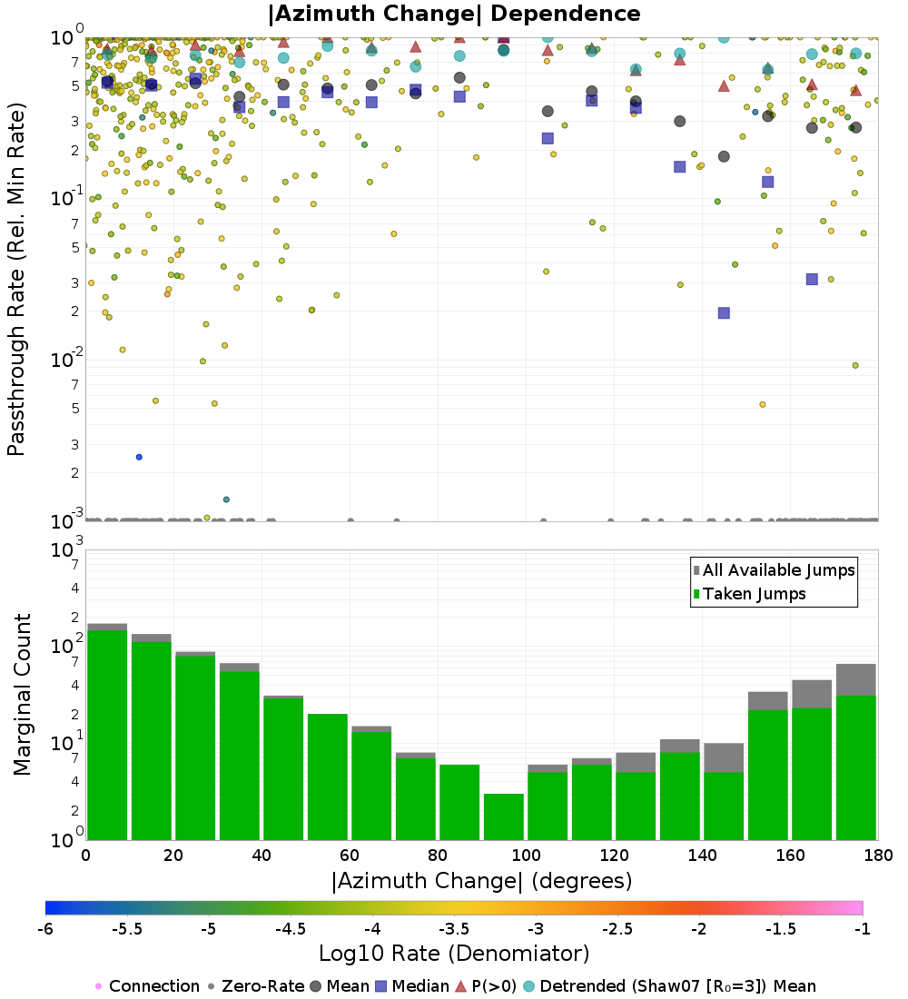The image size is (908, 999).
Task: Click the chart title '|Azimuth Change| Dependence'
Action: pyautogui.click(x=454, y=14)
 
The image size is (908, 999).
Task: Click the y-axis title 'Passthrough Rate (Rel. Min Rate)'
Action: pyautogui.click(x=16, y=279)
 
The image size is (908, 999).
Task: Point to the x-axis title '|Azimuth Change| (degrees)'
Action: pyautogui.click(x=481, y=880)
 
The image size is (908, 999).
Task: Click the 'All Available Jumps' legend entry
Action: pyautogui.click(x=778, y=570)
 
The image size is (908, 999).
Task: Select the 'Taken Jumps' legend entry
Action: pyautogui.click(x=755, y=594)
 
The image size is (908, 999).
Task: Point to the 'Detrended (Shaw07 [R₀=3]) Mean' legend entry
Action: pyautogui.click(x=677, y=986)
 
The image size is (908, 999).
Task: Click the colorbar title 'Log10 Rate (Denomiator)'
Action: pyautogui.click(x=454, y=954)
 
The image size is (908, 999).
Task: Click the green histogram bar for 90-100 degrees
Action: pyautogui.click(x=503, y=816)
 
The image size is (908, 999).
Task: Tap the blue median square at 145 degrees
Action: pyautogui.click(x=724, y=312)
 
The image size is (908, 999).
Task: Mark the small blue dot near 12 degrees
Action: pyautogui.click(x=139, y=457)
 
